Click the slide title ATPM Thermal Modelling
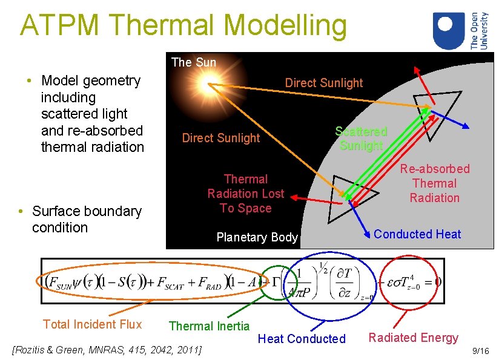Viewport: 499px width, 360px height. (x=183, y=25)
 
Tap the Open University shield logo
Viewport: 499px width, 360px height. (x=450, y=30)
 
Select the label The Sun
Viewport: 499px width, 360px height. (x=193, y=62)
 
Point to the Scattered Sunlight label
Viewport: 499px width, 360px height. (x=361, y=139)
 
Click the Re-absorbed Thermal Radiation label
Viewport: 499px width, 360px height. (x=434, y=183)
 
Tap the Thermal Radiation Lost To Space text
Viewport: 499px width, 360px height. (x=245, y=194)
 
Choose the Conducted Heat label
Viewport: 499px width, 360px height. (x=417, y=234)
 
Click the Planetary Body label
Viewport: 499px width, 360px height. (x=257, y=237)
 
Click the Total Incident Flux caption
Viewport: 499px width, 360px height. (x=92, y=324)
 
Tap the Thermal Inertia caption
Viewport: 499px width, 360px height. (x=209, y=326)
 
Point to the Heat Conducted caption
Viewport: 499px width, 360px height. (x=302, y=339)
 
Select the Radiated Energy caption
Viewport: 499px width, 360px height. (x=414, y=338)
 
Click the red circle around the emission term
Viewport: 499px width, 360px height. (x=410, y=281)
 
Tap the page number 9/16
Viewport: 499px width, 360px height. (x=480, y=351)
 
